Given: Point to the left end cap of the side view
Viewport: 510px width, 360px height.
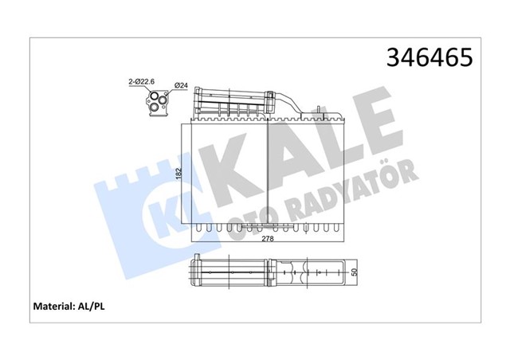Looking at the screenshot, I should point(197,273).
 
